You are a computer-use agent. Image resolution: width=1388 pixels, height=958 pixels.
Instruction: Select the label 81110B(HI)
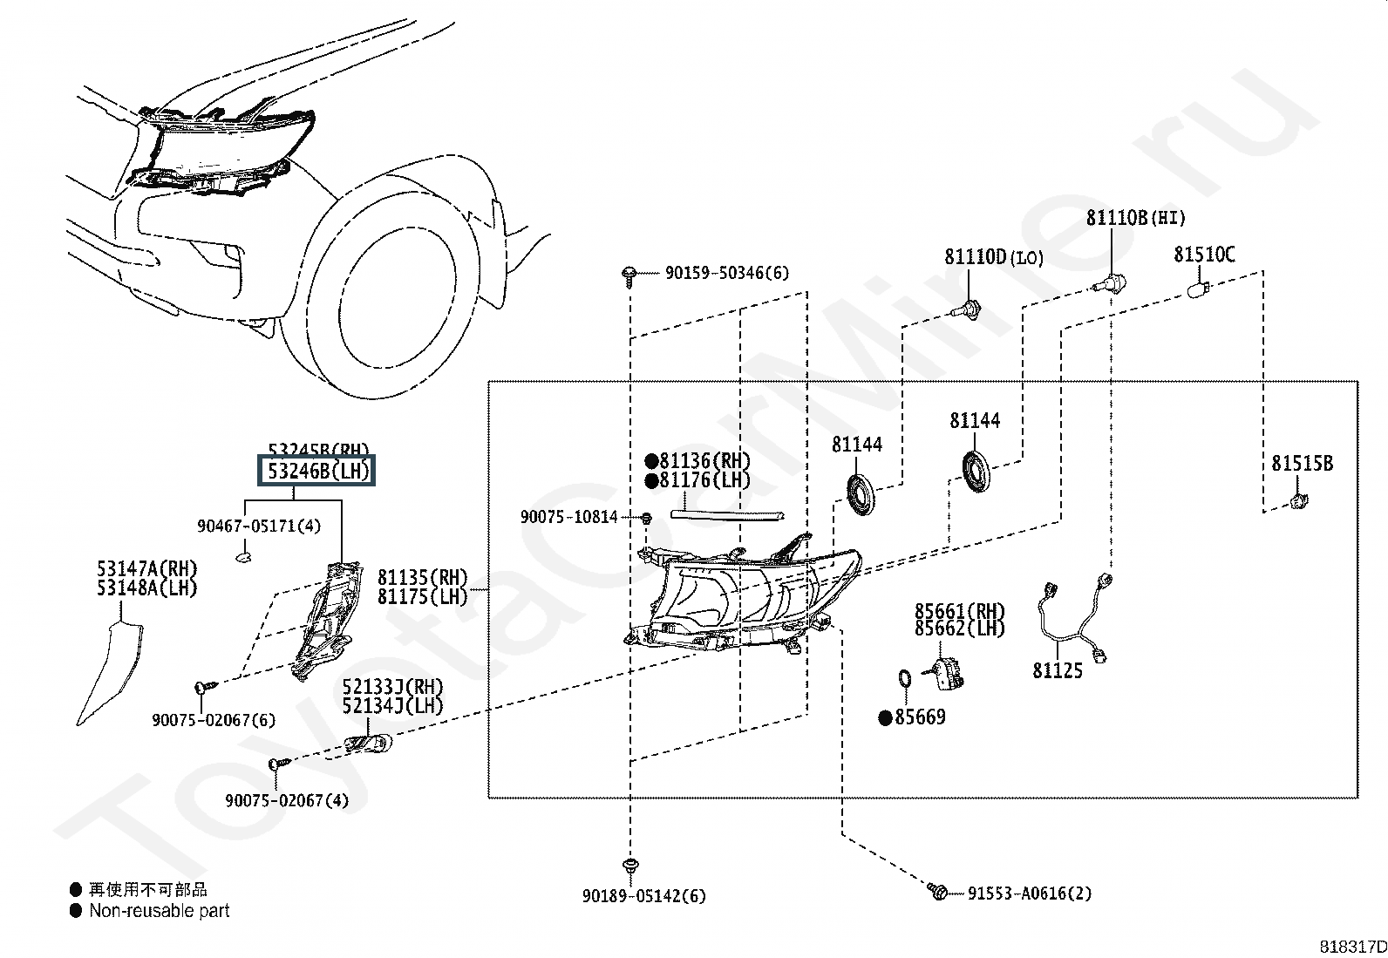(1135, 218)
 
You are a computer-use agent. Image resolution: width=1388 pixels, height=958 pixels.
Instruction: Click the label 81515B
(1302, 464)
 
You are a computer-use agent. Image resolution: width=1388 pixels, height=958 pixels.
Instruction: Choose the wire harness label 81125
(1058, 670)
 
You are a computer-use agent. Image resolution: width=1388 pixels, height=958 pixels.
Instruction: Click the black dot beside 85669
(886, 717)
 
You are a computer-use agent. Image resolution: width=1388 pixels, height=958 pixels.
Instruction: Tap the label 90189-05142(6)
(644, 895)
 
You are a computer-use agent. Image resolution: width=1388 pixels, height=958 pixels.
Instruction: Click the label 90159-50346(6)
(726, 273)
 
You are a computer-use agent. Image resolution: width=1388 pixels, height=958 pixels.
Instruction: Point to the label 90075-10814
(569, 517)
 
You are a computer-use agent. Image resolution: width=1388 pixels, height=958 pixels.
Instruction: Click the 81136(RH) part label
(704, 461)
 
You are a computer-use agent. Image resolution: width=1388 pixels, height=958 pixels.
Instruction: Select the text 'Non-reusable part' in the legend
(160, 911)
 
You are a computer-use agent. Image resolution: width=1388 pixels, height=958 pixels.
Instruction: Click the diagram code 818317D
(1351, 946)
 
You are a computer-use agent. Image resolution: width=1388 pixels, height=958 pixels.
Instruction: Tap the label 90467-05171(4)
(259, 526)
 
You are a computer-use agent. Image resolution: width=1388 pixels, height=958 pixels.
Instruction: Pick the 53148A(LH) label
(147, 588)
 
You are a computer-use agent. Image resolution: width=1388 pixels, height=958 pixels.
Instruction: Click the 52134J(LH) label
(392, 705)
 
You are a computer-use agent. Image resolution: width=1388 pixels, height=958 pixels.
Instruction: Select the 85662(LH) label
(959, 628)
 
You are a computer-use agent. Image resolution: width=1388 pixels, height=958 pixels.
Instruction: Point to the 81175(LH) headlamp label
(422, 597)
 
